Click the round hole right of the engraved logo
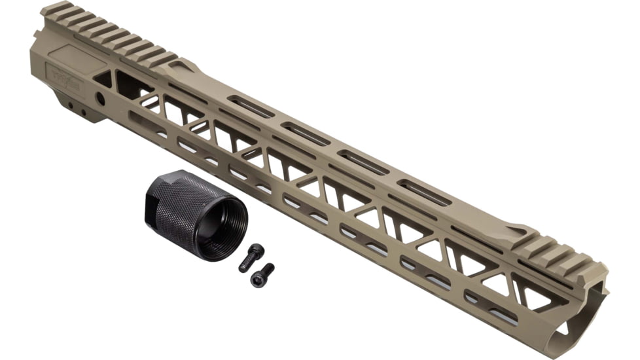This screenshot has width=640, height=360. [x=101, y=98]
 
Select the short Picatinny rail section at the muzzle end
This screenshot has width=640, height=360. [x=556, y=252]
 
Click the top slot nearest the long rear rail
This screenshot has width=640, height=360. [x=251, y=107]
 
